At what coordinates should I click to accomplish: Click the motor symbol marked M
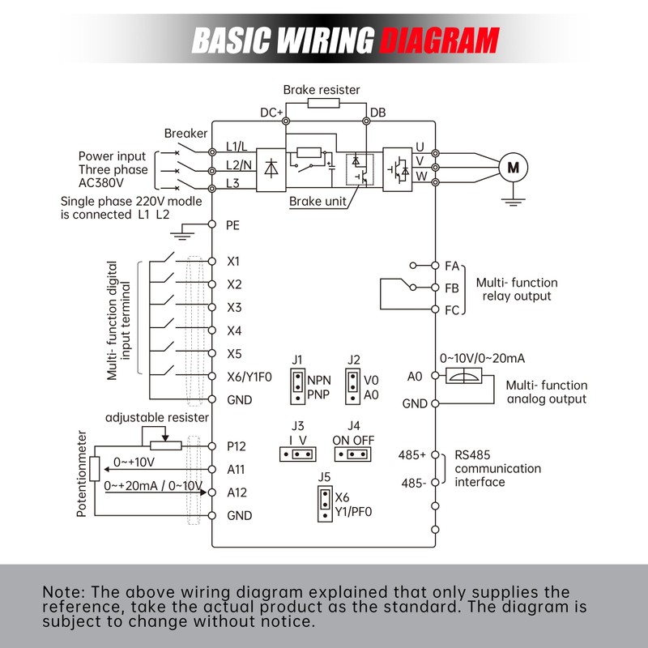click(512, 168)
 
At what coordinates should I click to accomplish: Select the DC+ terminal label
click(271, 113)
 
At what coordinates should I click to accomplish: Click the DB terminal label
click(377, 113)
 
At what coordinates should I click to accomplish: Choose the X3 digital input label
click(234, 308)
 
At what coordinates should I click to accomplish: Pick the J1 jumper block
click(299, 386)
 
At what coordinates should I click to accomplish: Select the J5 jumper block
click(324, 501)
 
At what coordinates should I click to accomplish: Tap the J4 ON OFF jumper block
click(352, 454)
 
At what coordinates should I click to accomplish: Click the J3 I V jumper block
click(298, 454)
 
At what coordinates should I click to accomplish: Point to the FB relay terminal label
click(452, 288)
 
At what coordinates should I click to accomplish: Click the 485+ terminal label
click(411, 455)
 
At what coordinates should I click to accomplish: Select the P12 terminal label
click(236, 446)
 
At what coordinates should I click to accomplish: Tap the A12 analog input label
click(237, 492)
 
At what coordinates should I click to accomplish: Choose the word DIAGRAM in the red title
click(439, 38)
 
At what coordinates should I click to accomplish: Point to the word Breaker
click(185, 133)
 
